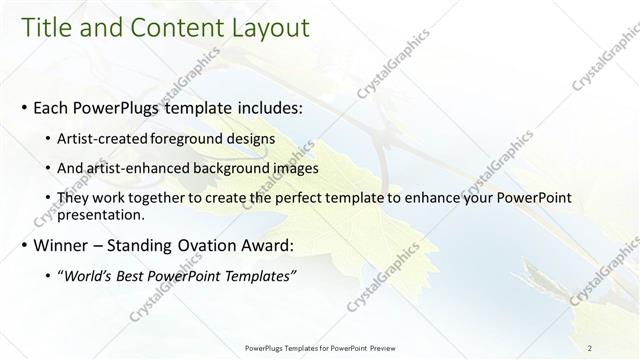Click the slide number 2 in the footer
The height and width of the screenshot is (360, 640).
pos(590,348)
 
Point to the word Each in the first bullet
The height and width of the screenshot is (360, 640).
pos(52,107)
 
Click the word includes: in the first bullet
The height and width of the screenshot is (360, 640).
pos(258,107)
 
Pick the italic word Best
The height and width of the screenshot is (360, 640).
pos(140,276)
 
